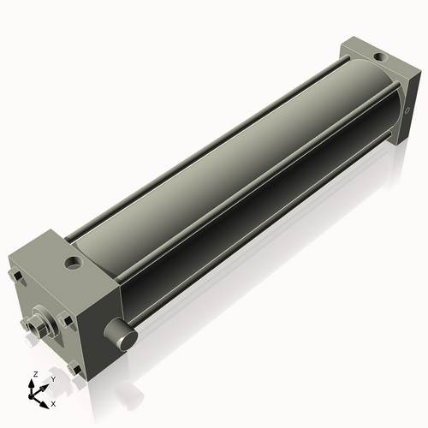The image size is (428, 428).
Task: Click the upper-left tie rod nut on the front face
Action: point(15,276)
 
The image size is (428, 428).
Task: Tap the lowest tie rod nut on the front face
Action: point(77,370)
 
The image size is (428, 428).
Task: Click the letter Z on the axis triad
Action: point(34,374)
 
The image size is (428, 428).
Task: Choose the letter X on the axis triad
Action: point(54,402)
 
